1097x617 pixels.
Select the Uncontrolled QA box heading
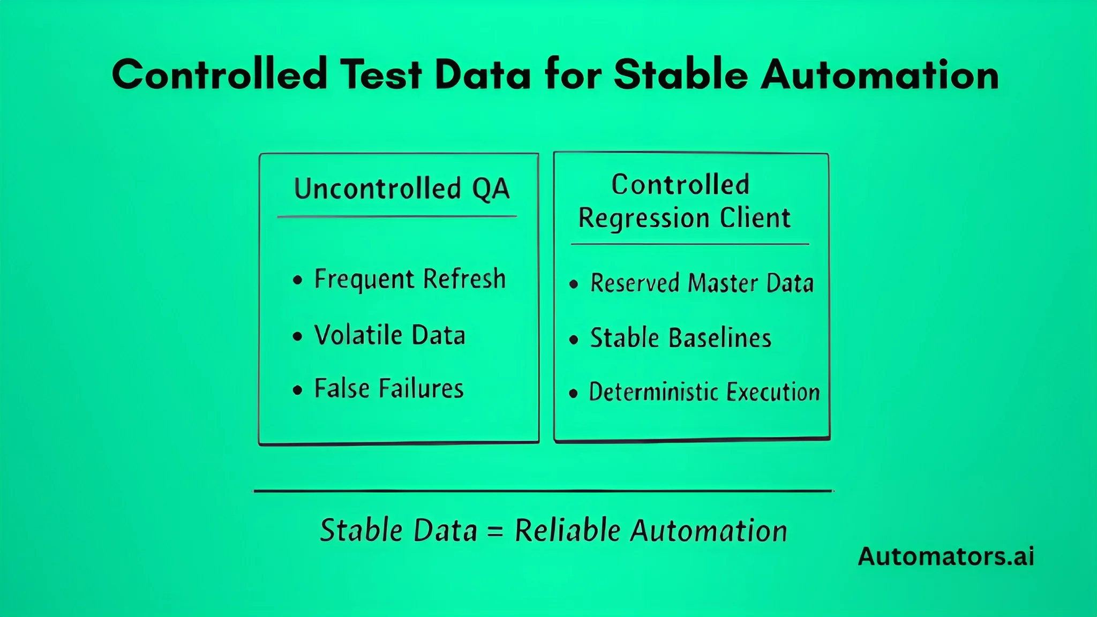[x=402, y=189]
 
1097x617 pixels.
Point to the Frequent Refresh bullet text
[x=410, y=279]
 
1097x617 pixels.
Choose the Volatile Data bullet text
[x=389, y=335]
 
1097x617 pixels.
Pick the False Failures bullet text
[x=388, y=388]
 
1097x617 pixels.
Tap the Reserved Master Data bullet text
[x=702, y=283]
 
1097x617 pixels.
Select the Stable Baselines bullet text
[x=680, y=338]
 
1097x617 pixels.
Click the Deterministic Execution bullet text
[x=704, y=392]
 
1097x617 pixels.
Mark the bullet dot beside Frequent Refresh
[x=298, y=280]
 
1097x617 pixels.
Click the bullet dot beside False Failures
[x=298, y=390]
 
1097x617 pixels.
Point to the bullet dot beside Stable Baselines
[x=574, y=340]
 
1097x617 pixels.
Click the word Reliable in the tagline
[x=568, y=530]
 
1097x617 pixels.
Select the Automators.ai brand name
[x=946, y=556]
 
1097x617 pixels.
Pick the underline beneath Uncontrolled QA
[x=397, y=217]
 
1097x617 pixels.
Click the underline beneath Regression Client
[x=690, y=244]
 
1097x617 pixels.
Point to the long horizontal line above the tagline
[x=543, y=491]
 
